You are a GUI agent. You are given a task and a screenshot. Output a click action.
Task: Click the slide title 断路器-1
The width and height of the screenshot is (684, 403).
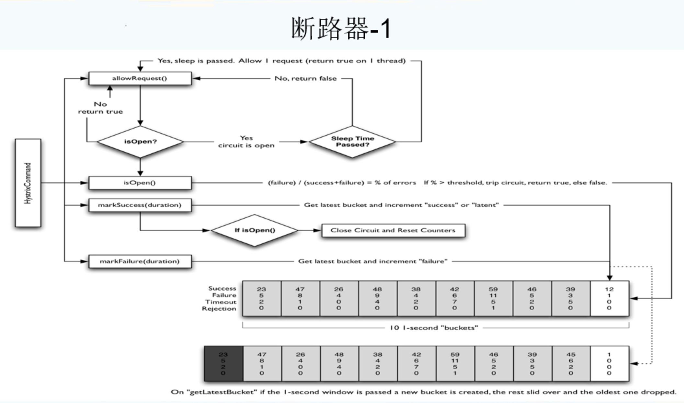(341, 29)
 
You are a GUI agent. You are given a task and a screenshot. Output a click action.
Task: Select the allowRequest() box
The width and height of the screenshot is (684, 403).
(140, 78)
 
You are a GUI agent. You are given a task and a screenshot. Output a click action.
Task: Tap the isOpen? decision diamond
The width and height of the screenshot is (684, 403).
(140, 142)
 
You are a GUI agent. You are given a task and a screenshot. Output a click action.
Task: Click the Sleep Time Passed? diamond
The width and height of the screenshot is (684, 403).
(352, 142)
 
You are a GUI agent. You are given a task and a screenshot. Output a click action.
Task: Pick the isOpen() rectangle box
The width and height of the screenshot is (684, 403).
(140, 183)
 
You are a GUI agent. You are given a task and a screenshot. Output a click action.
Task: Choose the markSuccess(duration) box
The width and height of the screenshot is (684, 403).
(140, 205)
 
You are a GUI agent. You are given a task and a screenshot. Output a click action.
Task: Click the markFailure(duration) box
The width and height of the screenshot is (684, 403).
(140, 261)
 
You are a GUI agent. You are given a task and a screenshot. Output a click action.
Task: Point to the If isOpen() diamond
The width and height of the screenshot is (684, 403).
(255, 230)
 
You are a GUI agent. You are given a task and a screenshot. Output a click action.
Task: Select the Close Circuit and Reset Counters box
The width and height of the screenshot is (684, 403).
(393, 230)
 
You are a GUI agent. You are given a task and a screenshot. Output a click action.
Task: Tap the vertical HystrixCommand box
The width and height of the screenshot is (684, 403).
(28, 183)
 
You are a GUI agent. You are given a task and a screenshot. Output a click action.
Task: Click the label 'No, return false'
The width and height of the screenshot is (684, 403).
(305, 78)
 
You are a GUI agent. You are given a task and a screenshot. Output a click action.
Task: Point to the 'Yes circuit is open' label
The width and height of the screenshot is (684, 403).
(246, 142)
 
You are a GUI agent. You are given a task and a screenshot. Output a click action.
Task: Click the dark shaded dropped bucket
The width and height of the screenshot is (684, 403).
(223, 363)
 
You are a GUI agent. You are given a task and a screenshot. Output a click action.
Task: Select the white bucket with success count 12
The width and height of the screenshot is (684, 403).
(609, 298)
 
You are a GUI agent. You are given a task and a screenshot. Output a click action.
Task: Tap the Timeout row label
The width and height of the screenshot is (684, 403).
(221, 302)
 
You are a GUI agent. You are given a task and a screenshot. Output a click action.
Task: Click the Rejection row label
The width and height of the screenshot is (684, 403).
(219, 309)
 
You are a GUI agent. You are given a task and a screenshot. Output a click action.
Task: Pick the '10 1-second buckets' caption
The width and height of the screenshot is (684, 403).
(434, 328)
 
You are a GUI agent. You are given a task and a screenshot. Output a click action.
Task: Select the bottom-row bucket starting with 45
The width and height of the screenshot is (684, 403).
(571, 363)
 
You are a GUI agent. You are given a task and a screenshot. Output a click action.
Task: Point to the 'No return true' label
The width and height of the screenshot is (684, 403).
(100, 108)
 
